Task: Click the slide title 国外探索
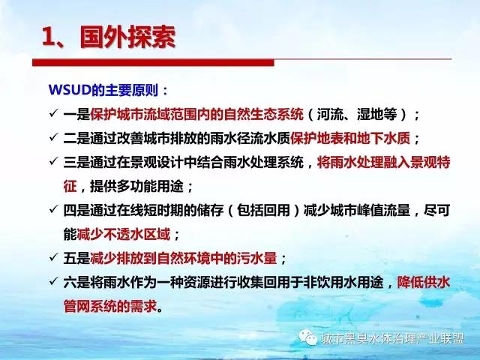click(127, 37)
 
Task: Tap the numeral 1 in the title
click(48, 37)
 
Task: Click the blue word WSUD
click(70, 90)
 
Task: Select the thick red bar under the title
click(153, 62)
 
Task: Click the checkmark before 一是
click(53, 113)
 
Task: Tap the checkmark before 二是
click(53, 137)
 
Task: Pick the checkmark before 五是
click(53, 257)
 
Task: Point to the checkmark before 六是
click(53, 281)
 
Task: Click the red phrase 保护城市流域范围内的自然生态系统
click(196, 114)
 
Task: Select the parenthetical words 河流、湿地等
click(357, 114)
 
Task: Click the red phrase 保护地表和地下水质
click(350, 138)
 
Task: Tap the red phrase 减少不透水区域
click(123, 235)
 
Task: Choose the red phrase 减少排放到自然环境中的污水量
click(183, 258)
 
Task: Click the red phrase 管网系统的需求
click(110, 306)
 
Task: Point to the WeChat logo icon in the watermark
click(308, 337)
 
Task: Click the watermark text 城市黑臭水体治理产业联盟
click(392, 338)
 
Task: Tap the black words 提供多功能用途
click(136, 187)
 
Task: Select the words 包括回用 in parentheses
click(263, 211)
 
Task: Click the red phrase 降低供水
click(423, 282)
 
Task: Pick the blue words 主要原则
click(132, 90)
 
